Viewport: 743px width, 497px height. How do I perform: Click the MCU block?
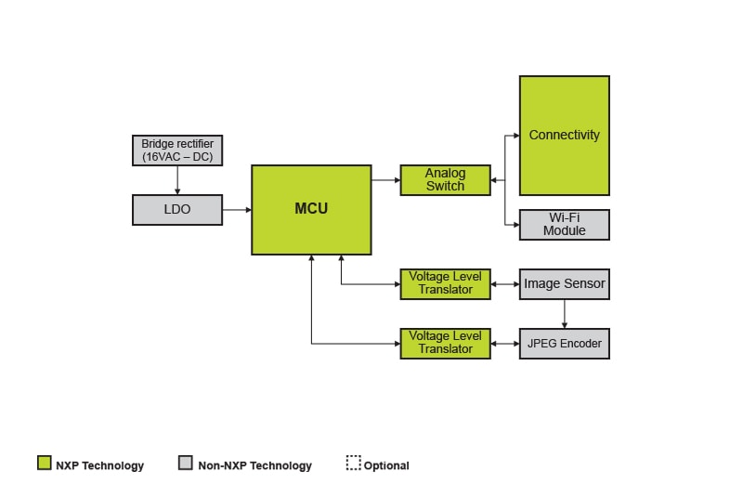pyautogui.click(x=311, y=210)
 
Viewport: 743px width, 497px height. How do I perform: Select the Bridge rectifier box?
pyautogui.click(x=177, y=150)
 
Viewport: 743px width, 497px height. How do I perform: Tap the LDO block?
pyautogui.click(x=177, y=210)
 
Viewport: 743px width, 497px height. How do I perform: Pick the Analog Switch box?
pyautogui.click(x=445, y=180)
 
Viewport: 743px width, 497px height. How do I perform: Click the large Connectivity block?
pyautogui.click(x=564, y=136)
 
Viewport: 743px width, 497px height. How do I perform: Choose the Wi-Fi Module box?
pyautogui.click(x=564, y=225)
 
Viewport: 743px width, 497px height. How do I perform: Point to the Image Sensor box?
pyautogui.click(x=564, y=284)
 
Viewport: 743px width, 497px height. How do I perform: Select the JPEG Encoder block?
pyautogui.click(x=564, y=344)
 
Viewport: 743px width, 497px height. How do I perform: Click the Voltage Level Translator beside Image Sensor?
pyautogui.click(x=445, y=284)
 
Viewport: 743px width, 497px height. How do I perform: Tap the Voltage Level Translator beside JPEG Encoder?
pyautogui.click(x=445, y=344)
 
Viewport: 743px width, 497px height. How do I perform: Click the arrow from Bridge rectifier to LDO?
pyautogui.click(x=177, y=181)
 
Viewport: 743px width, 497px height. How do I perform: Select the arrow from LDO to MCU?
pyautogui.click(x=237, y=210)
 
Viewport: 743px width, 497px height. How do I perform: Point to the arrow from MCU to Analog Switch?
pyautogui.click(x=385, y=180)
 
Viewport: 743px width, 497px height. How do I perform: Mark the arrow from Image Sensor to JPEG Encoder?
pyautogui.click(x=564, y=314)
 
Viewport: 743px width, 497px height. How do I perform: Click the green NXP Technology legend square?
pyautogui.click(x=44, y=464)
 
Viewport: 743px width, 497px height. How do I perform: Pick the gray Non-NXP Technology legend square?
pyautogui.click(x=186, y=464)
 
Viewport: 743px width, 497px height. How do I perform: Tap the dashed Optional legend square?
pyautogui.click(x=353, y=464)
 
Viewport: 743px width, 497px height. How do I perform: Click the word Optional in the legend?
pyautogui.click(x=386, y=465)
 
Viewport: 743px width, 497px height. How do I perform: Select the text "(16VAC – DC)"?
pyautogui.click(x=177, y=157)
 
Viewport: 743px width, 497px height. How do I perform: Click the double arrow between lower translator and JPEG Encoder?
pyautogui.click(x=504, y=344)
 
